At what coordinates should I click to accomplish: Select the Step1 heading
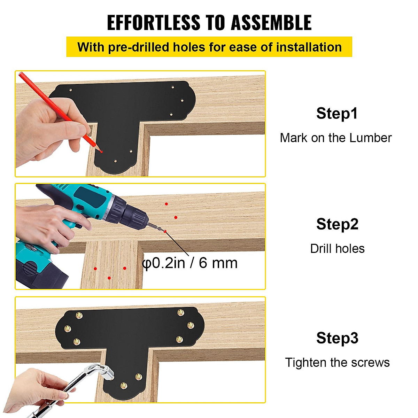coord(336,113)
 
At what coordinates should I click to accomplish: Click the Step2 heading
coord(337,224)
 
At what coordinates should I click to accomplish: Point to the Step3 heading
coord(337,338)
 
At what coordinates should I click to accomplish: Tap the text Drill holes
coord(337,249)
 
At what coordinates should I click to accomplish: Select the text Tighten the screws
coord(337,363)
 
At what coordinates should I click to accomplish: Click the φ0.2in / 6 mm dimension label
coord(190,263)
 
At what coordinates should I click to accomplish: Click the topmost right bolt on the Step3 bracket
coord(180,312)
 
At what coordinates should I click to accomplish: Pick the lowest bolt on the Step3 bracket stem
coord(123,385)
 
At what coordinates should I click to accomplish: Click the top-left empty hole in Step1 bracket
coord(71,90)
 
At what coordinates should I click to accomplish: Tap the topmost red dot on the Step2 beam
coord(167,204)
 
